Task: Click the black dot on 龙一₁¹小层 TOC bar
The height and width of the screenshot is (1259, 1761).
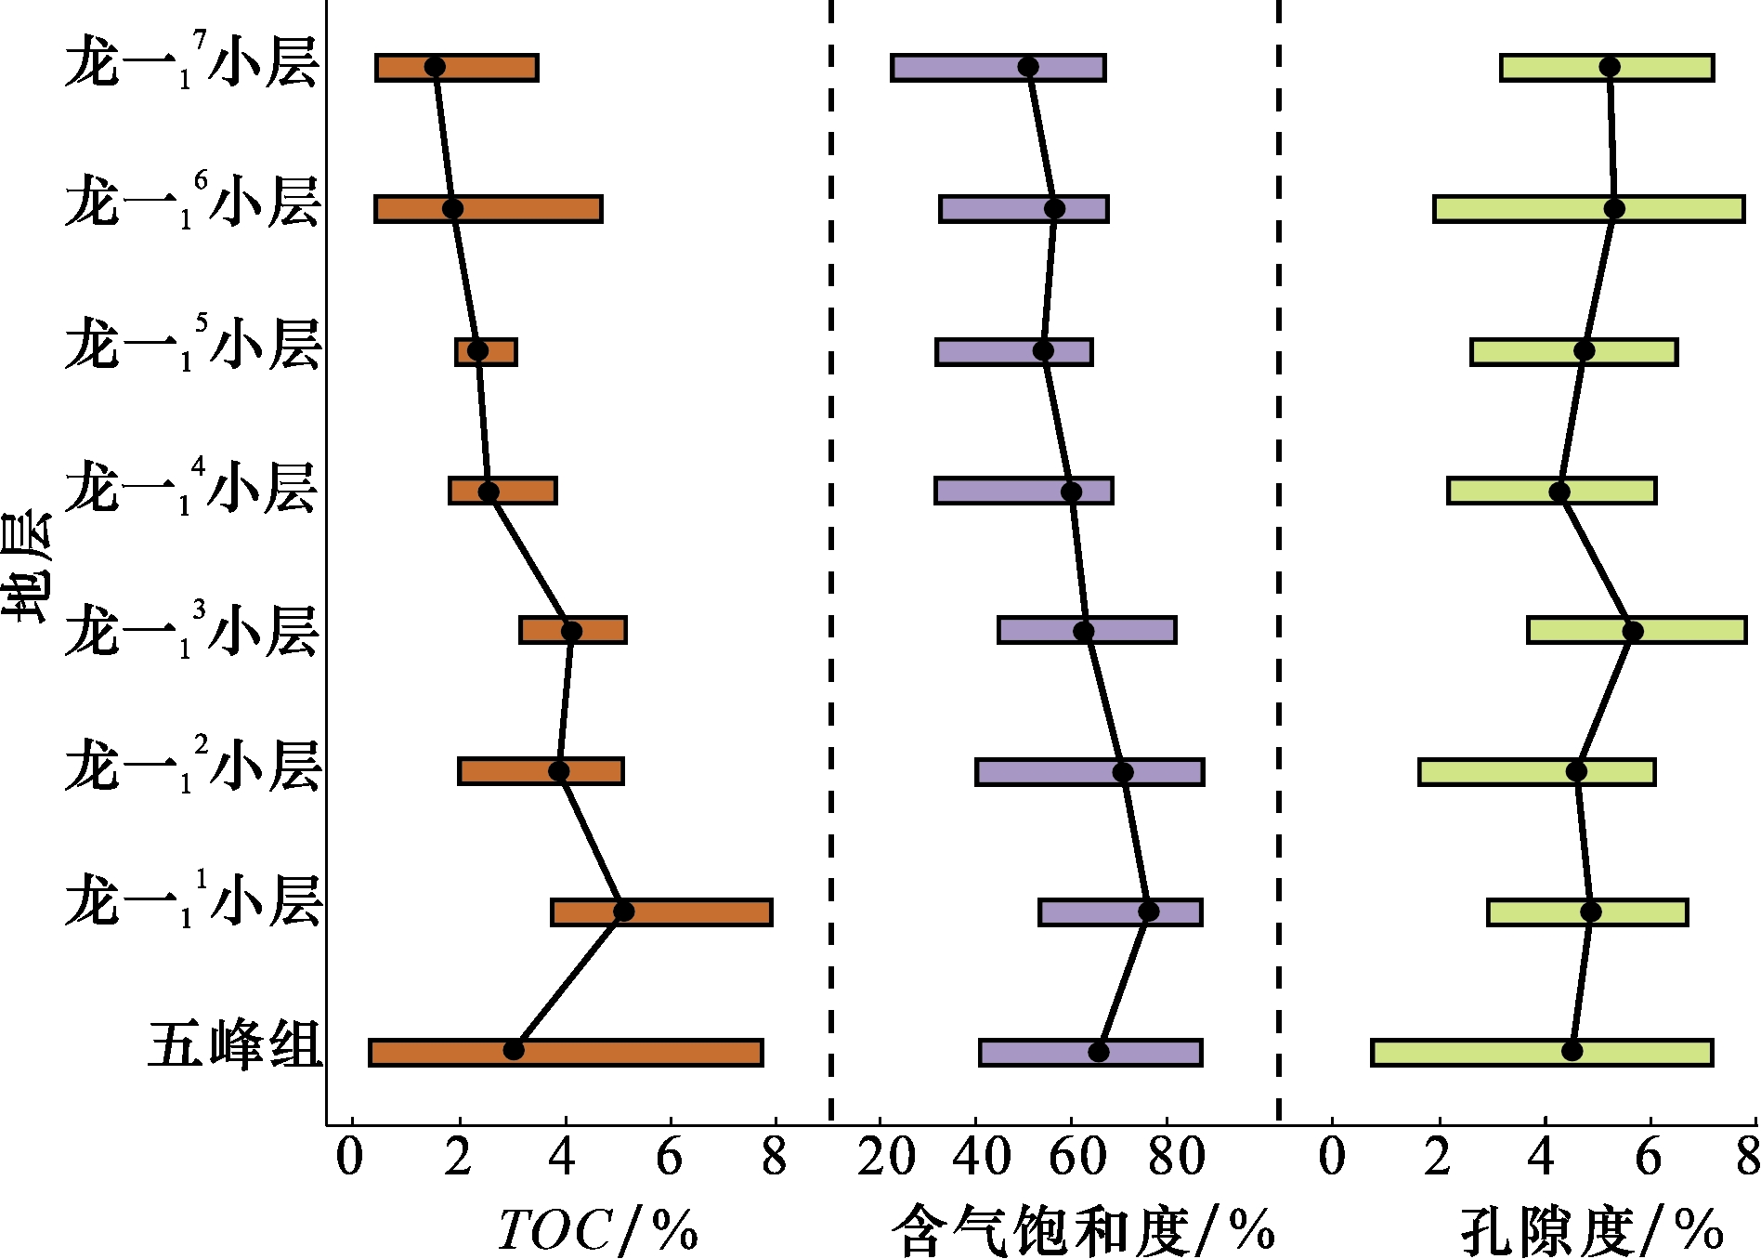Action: point(624,911)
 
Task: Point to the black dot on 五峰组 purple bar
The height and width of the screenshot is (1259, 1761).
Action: point(1099,1052)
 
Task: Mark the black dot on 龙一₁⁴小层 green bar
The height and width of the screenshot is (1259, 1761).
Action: point(1559,492)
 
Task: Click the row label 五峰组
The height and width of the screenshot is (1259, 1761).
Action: point(235,1044)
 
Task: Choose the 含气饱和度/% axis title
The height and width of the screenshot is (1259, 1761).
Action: point(1083,1230)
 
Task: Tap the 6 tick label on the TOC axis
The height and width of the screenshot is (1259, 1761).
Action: point(669,1158)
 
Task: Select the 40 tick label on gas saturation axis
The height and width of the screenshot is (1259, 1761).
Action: point(983,1158)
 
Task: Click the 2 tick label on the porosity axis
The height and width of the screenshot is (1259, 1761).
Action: point(1438,1158)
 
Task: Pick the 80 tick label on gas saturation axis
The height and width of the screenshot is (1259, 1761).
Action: point(1177,1158)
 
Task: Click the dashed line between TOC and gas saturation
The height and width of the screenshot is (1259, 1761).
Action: point(830,557)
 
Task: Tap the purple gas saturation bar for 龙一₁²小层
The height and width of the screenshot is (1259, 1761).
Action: point(1040,772)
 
